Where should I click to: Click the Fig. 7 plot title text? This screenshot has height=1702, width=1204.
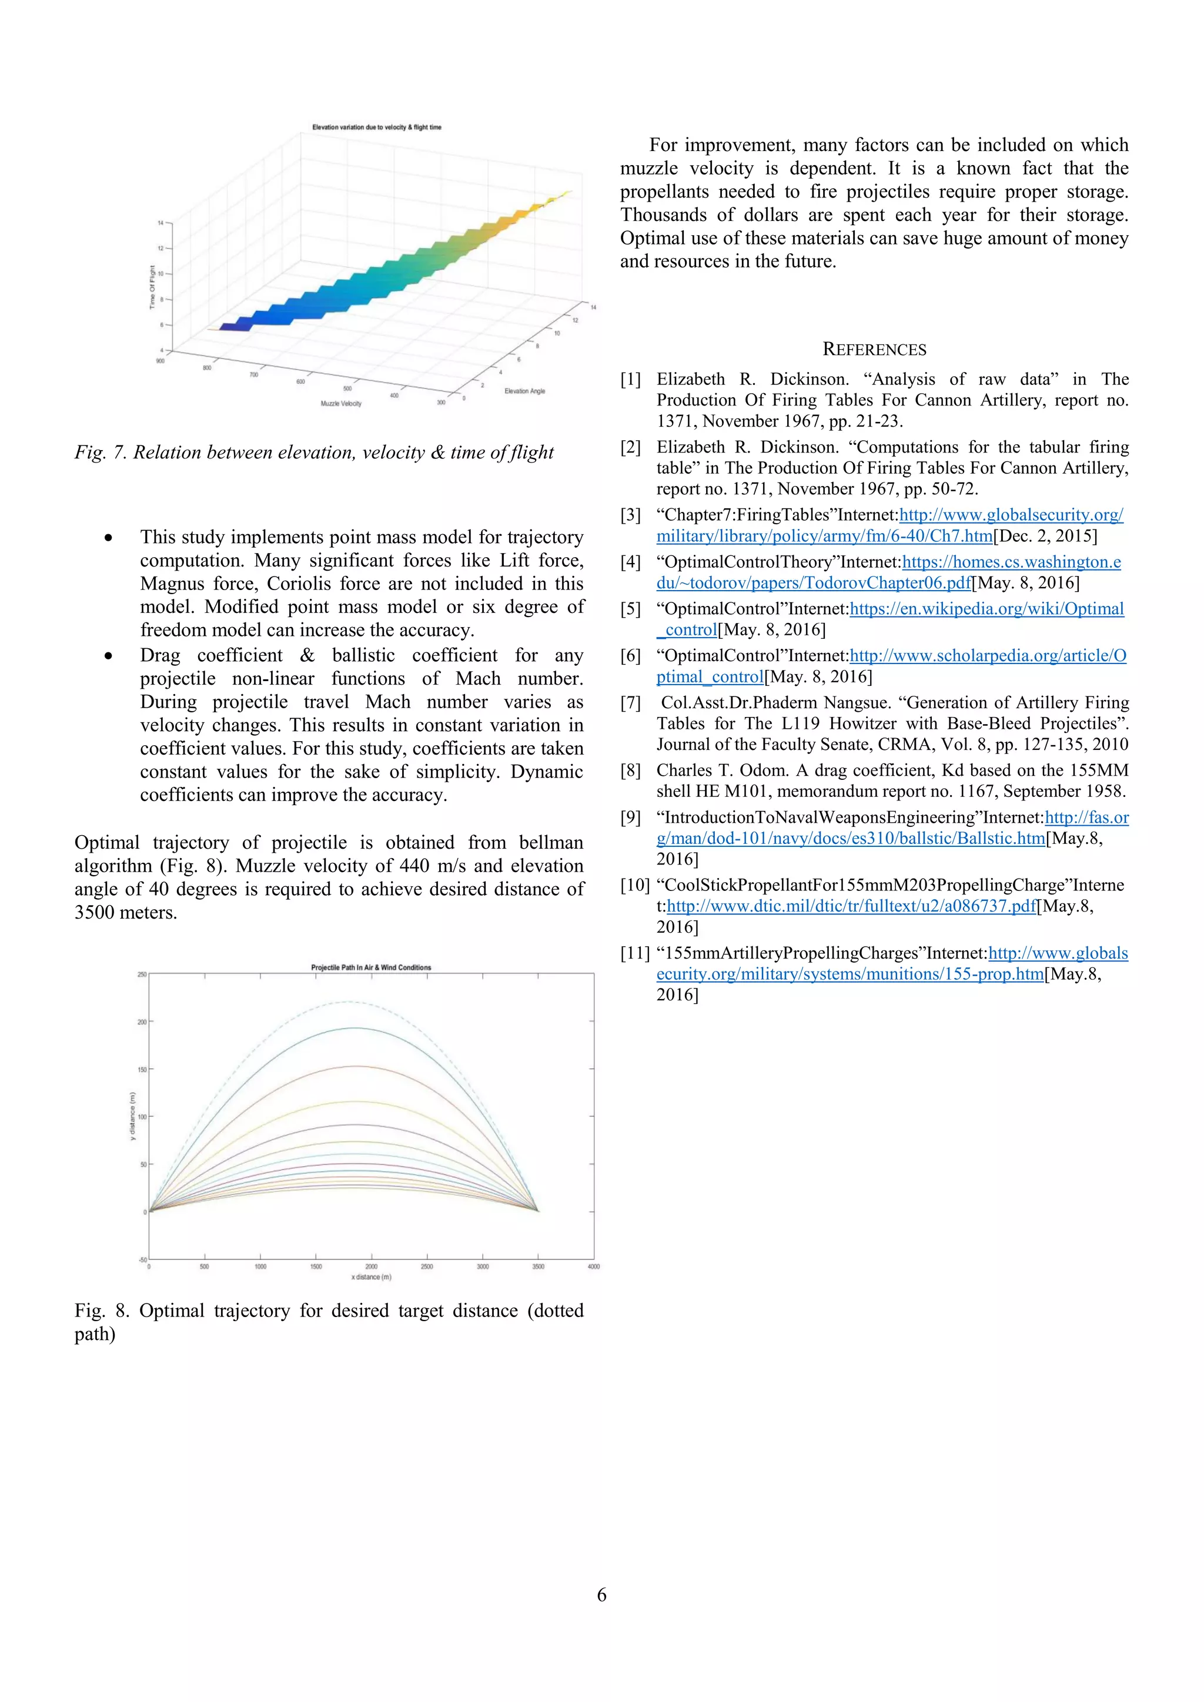pyautogui.click(x=377, y=128)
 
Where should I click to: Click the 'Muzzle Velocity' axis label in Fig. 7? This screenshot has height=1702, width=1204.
pyautogui.click(x=341, y=404)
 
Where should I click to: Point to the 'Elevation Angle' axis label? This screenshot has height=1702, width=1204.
pyautogui.click(x=524, y=391)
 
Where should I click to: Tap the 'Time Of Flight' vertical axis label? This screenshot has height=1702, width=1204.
pyautogui.click(x=152, y=287)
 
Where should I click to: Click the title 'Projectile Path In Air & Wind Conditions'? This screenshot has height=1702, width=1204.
pyautogui.click(x=371, y=967)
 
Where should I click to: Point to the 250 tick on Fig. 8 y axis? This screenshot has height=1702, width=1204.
pyautogui.click(x=142, y=974)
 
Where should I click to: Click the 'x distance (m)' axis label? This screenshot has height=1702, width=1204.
pyautogui.click(x=371, y=1277)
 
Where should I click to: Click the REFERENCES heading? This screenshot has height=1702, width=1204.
pyautogui.click(x=874, y=350)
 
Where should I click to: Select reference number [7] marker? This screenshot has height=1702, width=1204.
pyautogui.click(x=630, y=703)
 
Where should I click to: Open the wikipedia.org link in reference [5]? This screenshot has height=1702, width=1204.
pyautogui.click(x=986, y=609)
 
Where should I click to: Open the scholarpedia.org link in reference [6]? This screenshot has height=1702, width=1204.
pyautogui.click(x=988, y=656)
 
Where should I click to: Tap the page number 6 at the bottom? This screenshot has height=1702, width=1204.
pyautogui.click(x=601, y=1594)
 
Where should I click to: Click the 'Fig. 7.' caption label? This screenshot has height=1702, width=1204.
pyautogui.click(x=101, y=453)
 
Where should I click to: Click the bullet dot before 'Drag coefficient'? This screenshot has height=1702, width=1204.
pyautogui.click(x=109, y=656)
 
